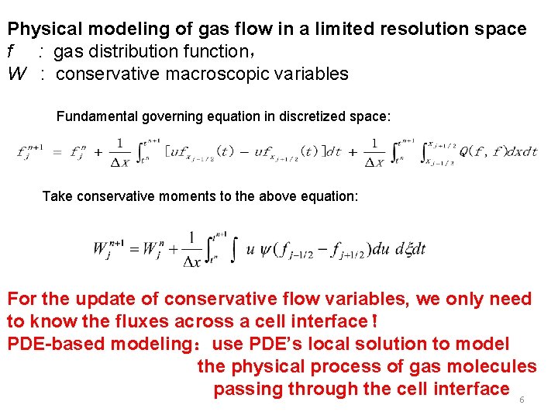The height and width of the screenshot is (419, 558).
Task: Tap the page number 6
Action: point(522,400)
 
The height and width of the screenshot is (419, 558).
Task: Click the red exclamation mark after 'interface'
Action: point(374,321)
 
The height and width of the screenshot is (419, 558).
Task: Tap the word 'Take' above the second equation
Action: point(57,196)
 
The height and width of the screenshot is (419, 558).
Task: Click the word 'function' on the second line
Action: point(215,52)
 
